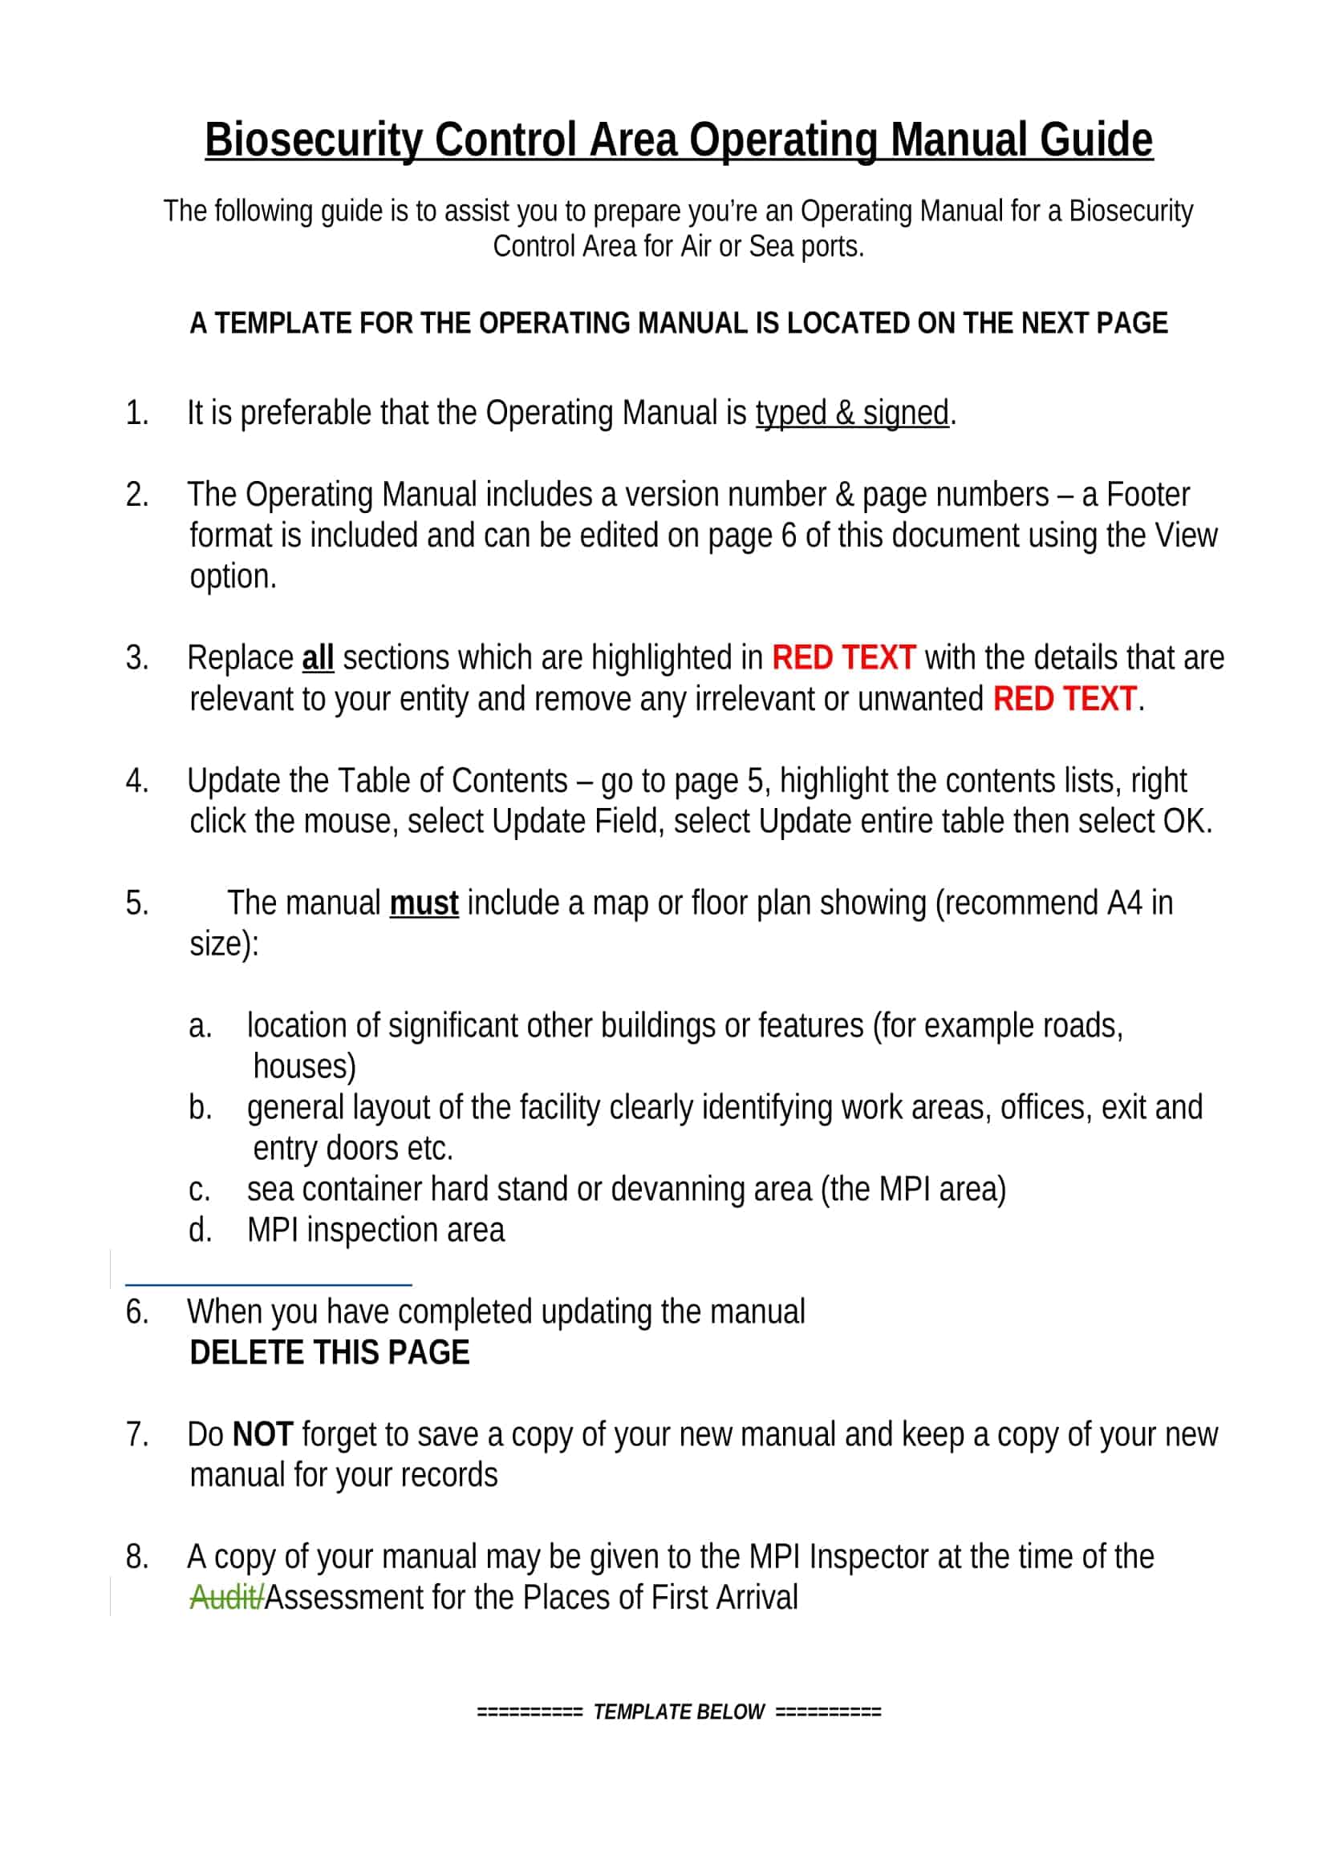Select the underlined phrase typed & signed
(851, 413)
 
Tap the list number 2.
(136, 495)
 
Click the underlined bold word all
(318, 658)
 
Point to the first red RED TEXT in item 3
(842, 658)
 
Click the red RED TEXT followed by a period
(1064, 699)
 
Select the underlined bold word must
(424, 903)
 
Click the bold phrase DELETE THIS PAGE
(329, 1353)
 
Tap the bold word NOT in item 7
(262, 1435)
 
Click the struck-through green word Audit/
(226, 1598)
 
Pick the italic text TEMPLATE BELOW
(678, 1711)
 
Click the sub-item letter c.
(200, 1190)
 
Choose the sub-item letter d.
(201, 1230)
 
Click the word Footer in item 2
(1147, 495)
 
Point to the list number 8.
(136, 1558)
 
